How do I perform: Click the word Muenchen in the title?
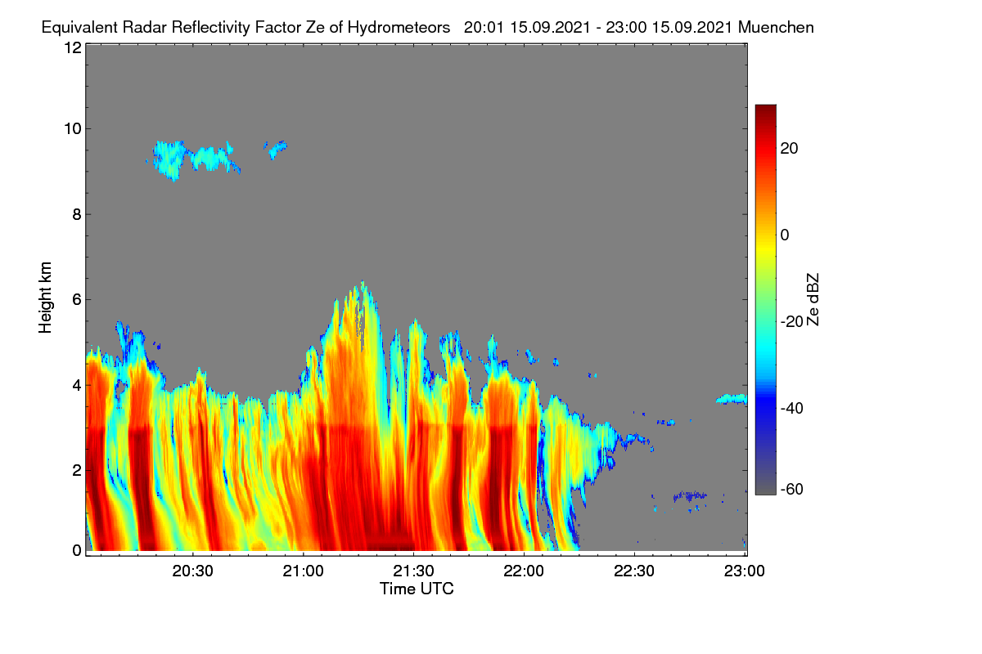click(776, 28)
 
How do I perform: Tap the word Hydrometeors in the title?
click(399, 28)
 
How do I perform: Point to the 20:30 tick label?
click(192, 571)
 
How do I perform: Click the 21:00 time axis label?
click(303, 571)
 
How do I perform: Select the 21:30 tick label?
click(413, 571)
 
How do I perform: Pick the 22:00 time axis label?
click(524, 571)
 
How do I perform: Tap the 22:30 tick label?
click(634, 571)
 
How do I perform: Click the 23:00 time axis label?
click(745, 571)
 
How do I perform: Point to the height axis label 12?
click(73, 47)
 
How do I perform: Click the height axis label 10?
click(73, 129)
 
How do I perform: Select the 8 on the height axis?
click(77, 215)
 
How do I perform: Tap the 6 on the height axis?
click(77, 300)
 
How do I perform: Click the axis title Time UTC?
click(417, 589)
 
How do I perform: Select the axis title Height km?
click(45, 298)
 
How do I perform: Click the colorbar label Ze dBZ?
click(813, 300)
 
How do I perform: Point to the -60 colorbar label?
click(792, 490)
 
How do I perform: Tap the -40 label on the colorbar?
click(792, 408)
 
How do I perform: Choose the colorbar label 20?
click(789, 149)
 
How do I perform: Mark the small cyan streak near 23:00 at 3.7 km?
click(732, 399)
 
